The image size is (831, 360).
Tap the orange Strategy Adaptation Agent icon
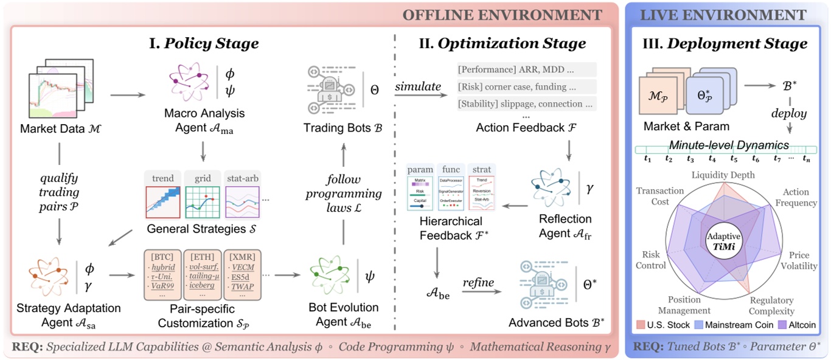coord(50,274)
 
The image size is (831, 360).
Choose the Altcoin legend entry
coord(792,325)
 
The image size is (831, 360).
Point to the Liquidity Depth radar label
coord(723,175)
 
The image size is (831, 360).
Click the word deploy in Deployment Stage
coord(789,113)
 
